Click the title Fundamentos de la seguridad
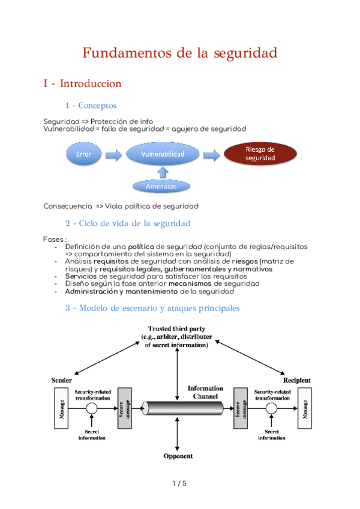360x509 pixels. pos(179,53)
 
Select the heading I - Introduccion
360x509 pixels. pos(82,83)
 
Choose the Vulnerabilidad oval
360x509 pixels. pos(163,154)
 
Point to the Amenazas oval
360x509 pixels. pos(162,187)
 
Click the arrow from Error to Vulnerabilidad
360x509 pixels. pos(113,155)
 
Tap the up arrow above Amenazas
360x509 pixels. pos(162,172)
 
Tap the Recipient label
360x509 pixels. pos(297,381)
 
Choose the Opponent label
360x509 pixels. pos(178,456)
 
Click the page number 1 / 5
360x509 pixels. pos(179,484)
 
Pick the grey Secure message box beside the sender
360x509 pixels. pos(125,408)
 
